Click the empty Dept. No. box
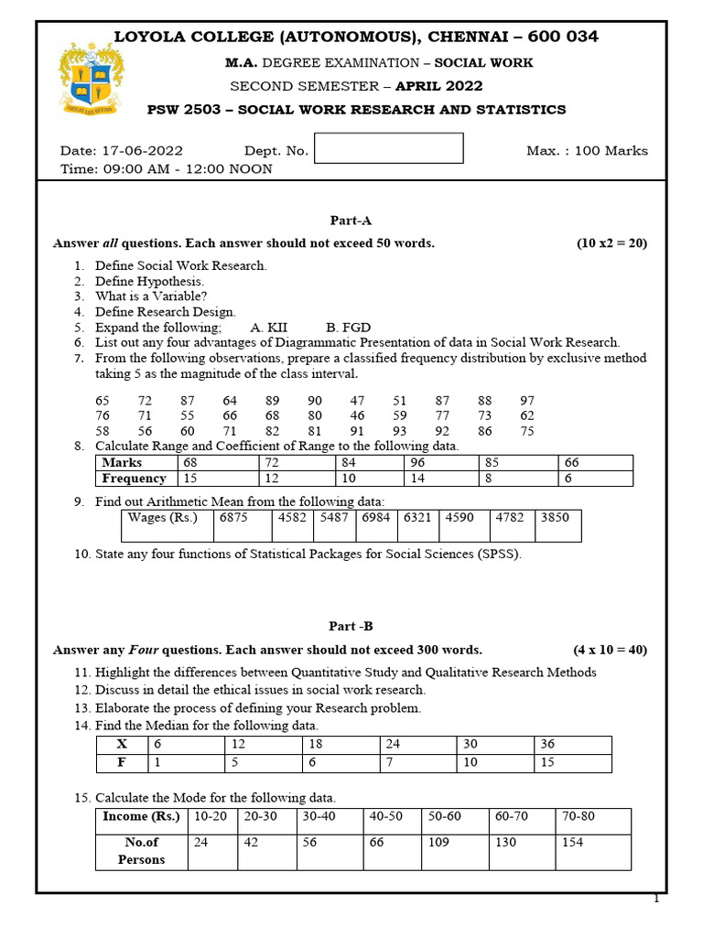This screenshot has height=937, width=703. [388, 148]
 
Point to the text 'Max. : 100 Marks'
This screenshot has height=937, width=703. [587, 151]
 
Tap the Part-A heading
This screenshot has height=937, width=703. [351, 221]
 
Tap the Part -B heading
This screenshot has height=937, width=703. [351, 627]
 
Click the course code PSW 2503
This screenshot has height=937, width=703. [184, 110]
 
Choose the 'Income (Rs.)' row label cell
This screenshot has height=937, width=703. [142, 817]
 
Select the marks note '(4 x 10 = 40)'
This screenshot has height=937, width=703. [610, 651]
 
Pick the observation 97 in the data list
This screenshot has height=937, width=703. [527, 401]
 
